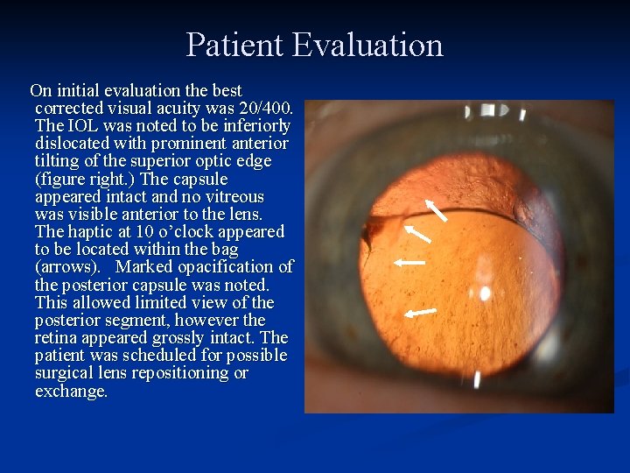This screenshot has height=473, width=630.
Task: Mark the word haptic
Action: tap(93, 232)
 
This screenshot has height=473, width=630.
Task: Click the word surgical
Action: tap(64, 373)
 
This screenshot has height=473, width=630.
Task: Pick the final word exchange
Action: tap(71, 392)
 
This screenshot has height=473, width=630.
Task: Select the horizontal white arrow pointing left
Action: tap(409, 261)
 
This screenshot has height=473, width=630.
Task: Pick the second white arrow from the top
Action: tap(417, 233)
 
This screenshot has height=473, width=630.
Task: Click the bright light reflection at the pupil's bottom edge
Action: tap(477, 379)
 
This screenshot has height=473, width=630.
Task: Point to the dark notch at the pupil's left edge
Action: tap(376, 232)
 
